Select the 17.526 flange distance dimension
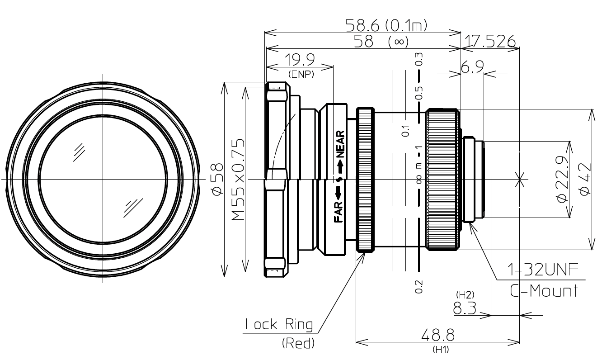pyautogui.click(x=489, y=42)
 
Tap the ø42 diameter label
pyautogui.click(x=585, y=180)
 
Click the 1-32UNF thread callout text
pyautogui.click(x=543, y=271)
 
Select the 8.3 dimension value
pyautogui.click(x=465, y=309)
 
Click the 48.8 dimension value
pyautogui.click(x=437, y=336)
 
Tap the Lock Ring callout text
pyautogui.click(x=279, y=325)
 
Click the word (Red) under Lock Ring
pyautogui.click(x=298, y=344)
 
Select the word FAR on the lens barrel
pyautogui.click(x=339, y=213)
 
